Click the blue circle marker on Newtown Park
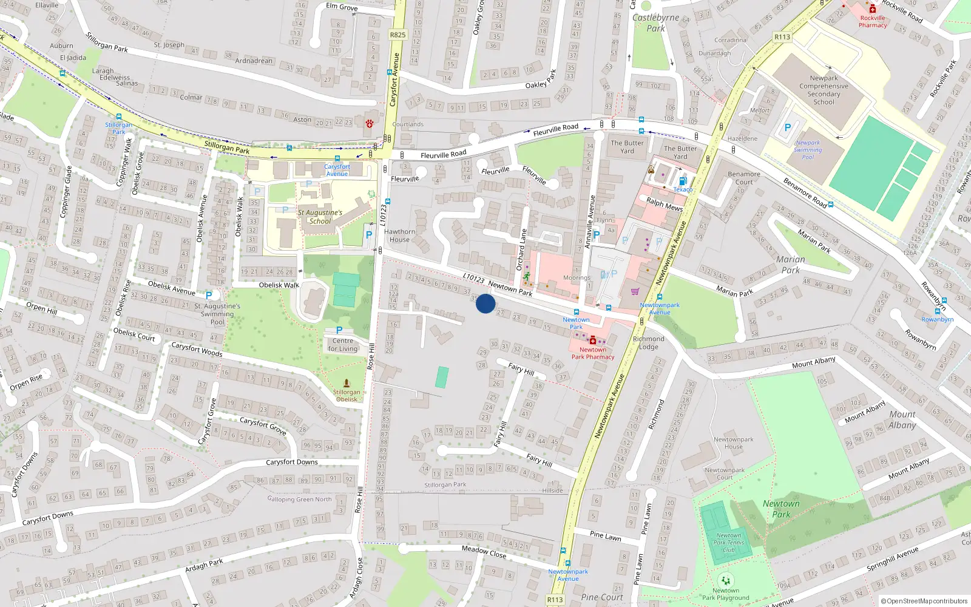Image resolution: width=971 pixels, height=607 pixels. tap(486, 303)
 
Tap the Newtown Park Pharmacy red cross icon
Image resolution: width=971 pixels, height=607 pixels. tap(593, 341)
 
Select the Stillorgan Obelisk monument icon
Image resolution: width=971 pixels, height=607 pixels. tap(347, 383)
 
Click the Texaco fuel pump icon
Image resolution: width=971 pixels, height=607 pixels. tap(683, 181)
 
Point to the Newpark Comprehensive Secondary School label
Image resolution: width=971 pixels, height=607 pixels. tap(824, 90)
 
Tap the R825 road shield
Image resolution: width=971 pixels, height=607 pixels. tap(398, 35)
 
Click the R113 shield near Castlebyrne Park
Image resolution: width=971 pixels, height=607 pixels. tap(782, 37)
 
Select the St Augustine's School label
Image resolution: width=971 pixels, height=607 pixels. tap(320, 217)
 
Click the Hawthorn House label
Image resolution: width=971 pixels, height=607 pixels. tap(399, 236)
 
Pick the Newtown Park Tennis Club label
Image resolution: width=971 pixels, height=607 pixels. tap(728, 543)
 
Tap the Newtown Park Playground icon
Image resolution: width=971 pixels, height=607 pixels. tap(725, 580)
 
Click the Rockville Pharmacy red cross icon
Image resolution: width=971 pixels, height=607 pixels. tap(873, 8)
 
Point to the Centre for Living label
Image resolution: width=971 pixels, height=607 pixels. tap(342, 345)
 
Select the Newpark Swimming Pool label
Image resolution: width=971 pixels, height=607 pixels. tap(808, 150)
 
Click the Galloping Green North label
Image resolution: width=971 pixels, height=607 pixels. tap(299, 499)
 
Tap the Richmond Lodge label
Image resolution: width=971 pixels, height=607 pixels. tap(648, 343)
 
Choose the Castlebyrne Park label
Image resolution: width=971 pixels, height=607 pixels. tap(655, 23)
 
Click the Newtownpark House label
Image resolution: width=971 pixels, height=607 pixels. tap(733, 443)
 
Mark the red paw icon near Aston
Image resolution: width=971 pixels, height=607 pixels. tap(369, 124)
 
